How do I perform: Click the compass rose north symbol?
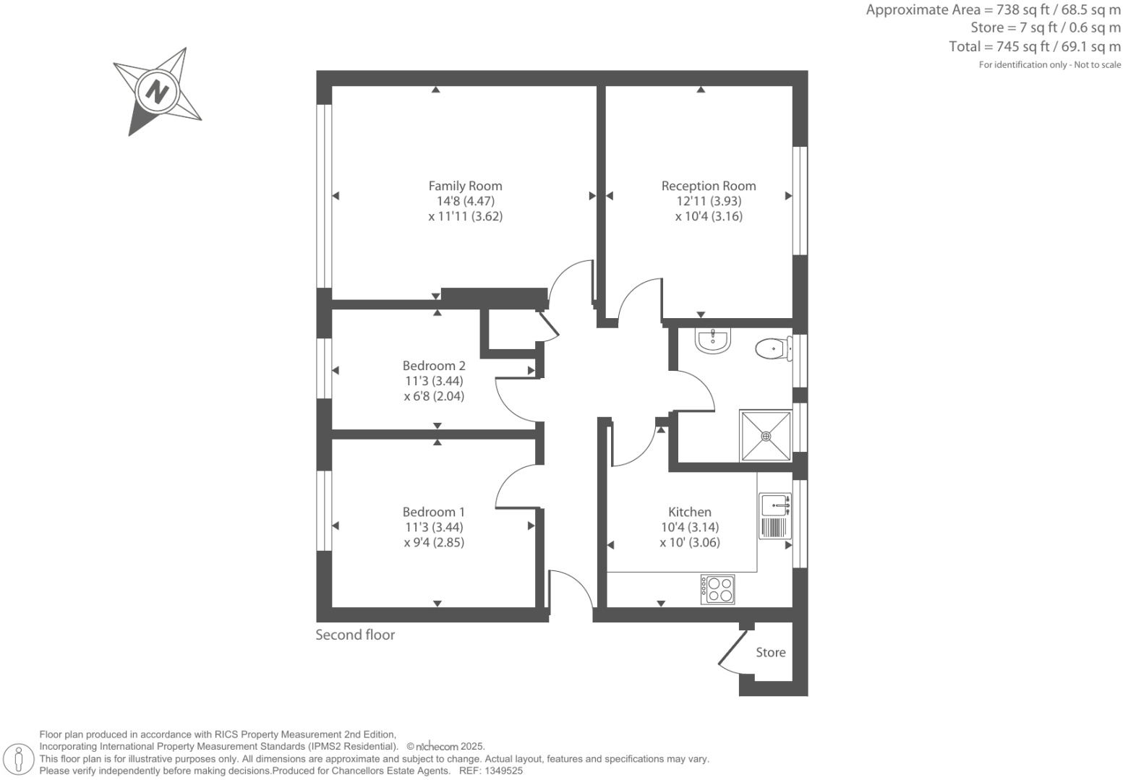157,92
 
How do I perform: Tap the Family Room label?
465,186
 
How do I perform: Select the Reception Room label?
708,186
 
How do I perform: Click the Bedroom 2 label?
434,366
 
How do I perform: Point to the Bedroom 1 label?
434,512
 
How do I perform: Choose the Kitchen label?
689,512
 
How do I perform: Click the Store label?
770,652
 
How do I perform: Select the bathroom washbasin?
714,340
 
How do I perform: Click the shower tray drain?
766,436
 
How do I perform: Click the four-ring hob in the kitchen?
718,589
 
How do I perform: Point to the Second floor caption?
355,635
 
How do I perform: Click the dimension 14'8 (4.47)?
465,201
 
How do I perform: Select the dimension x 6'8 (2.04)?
434,396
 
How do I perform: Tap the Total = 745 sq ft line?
1034,47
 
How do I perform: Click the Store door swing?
730,654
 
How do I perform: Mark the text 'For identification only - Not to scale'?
1049,65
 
